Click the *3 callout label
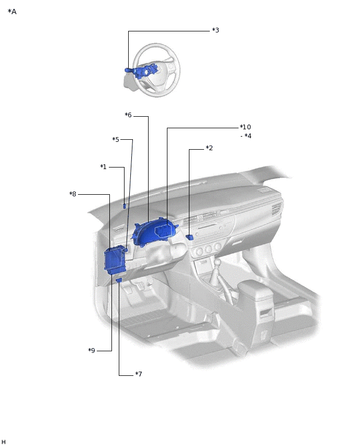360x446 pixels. [216, 30]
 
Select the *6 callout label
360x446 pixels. [128, 115]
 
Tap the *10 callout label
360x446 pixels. [245, 127]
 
